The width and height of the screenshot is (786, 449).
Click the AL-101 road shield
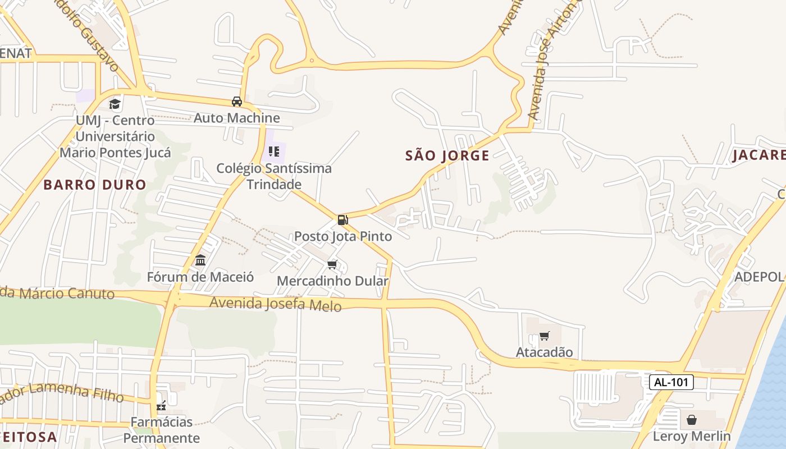pyautogui.click(x=671, y=383)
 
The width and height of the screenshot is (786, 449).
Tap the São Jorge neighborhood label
pyautogui.click(x=447, y=155)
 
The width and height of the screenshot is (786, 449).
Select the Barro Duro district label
pyautogui.click(x=95, y=185)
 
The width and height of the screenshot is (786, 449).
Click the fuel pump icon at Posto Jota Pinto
pyautogui.click(x=342, y=219)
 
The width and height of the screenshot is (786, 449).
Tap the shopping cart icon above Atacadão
pyautogui.click(x=544, y=336)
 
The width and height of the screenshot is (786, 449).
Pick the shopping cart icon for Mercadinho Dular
pyautogui.click(x=332, y=264)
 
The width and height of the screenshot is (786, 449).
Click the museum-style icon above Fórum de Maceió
pyautogui.click(x=200, y=260)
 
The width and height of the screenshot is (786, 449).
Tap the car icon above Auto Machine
pyautogui.click(x=237, y=102)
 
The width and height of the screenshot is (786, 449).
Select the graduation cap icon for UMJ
pyautogui.click(x=115, y=104)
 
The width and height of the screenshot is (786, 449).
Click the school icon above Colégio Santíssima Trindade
pyautogui.click(x=274, y=152)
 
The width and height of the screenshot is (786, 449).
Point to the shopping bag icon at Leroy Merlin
pyautogui.click(x=692, y=420)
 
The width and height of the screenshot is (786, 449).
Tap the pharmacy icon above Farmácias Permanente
pyautogui.click(x=162, y=406)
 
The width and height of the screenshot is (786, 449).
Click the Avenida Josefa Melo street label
pyautogui.click(x=275, y=304)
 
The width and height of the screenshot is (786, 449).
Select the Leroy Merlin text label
pyautogui.click(x=692, y=436)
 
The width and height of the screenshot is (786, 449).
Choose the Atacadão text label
pyautogui.click(x=544, y=352)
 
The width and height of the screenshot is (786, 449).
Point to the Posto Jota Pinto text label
pyautogui.click(x=343, y=236)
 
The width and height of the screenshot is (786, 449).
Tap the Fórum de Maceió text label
pyautogui.click(x=200, y=277)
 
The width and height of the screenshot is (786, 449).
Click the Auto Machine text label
pyautogui.click(x=237, y=118)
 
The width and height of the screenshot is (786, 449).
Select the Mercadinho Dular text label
pyautogui.click(x=332, y=281)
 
